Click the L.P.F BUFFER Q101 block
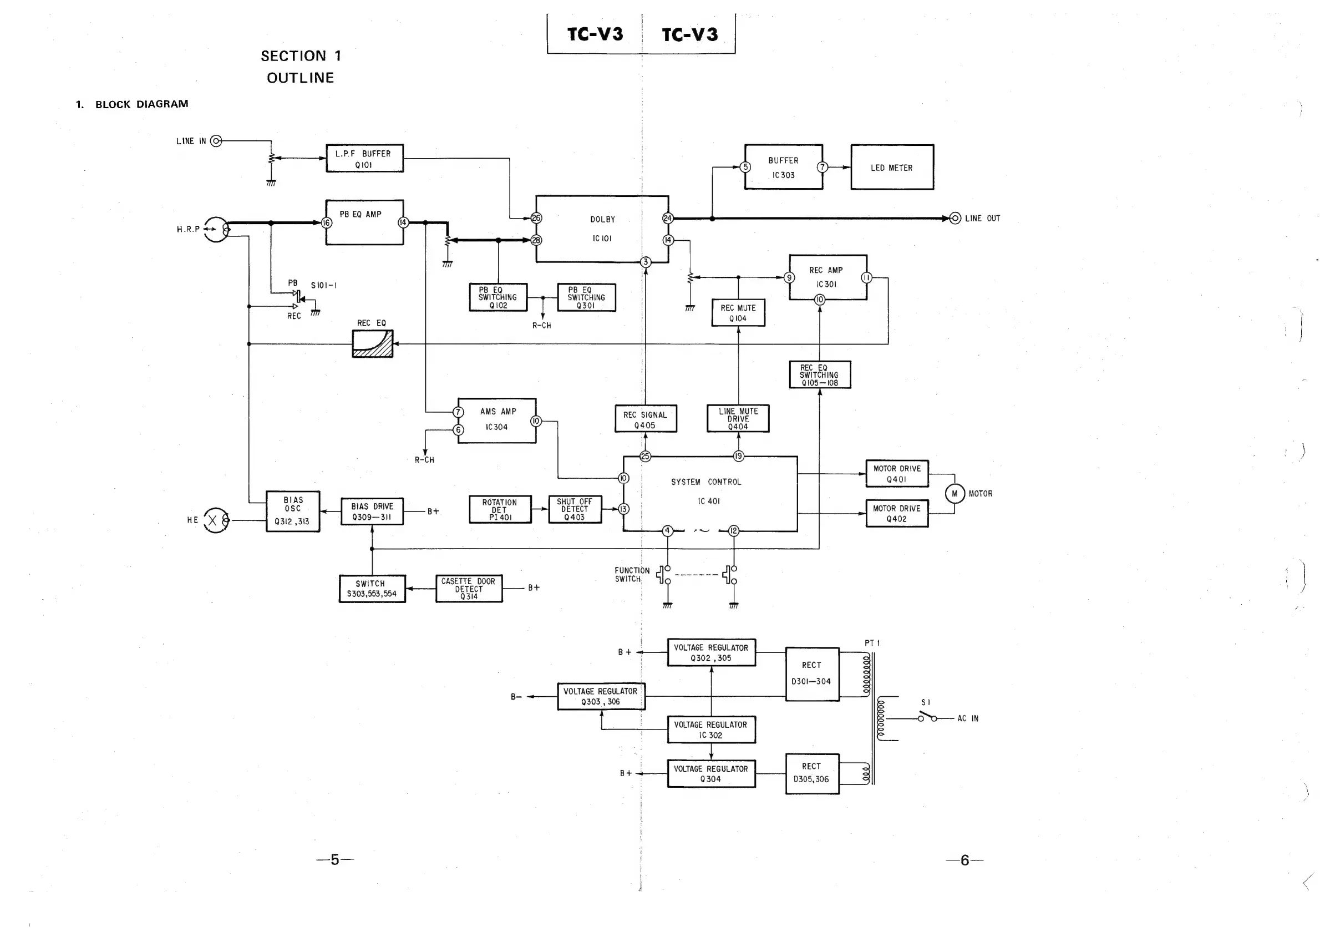(364, 158)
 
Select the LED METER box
(892, 168)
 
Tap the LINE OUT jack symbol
(955, 219)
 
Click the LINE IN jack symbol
(216, 141)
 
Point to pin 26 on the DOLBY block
(536, 218)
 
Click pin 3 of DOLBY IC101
(646, 262)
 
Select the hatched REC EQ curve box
(373, 344)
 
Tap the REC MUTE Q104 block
(738, 313)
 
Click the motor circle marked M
(955, 493)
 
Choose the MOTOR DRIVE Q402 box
(897, 514)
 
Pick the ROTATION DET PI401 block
(500, 509)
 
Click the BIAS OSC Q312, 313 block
(293, 511)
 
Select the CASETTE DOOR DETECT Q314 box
(469, 589)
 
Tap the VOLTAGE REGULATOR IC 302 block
(711, 730)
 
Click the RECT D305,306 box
(812, 773)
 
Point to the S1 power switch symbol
(926, 717)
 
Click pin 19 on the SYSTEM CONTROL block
(738, 457)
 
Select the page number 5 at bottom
(334, 859)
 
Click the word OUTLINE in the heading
(300, 78)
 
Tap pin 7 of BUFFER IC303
(822, 168)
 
